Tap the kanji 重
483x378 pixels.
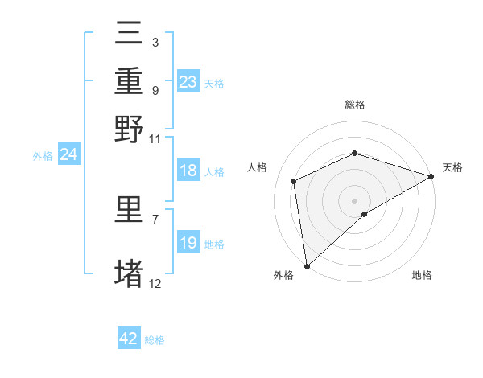pos(129,83)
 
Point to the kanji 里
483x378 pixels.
pos(129,211)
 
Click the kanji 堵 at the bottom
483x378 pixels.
pos(129,273)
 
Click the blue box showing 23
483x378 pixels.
pos(188,82)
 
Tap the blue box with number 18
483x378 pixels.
pos(188,171)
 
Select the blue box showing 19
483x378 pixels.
pos(188,244)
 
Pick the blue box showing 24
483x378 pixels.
pos(68,155)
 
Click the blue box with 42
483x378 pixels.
pos(129,339)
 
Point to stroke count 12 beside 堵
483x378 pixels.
pos(155,283)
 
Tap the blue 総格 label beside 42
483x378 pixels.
pos(155,340)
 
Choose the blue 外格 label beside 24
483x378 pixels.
pos(42,156)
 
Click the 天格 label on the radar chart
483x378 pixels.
pos(452,167)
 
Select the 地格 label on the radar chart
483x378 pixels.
pos(422,276)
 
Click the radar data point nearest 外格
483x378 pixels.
pos(307,266)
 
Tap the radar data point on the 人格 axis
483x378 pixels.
pos(294,181)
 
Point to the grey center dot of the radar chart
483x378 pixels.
pos(354,200)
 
